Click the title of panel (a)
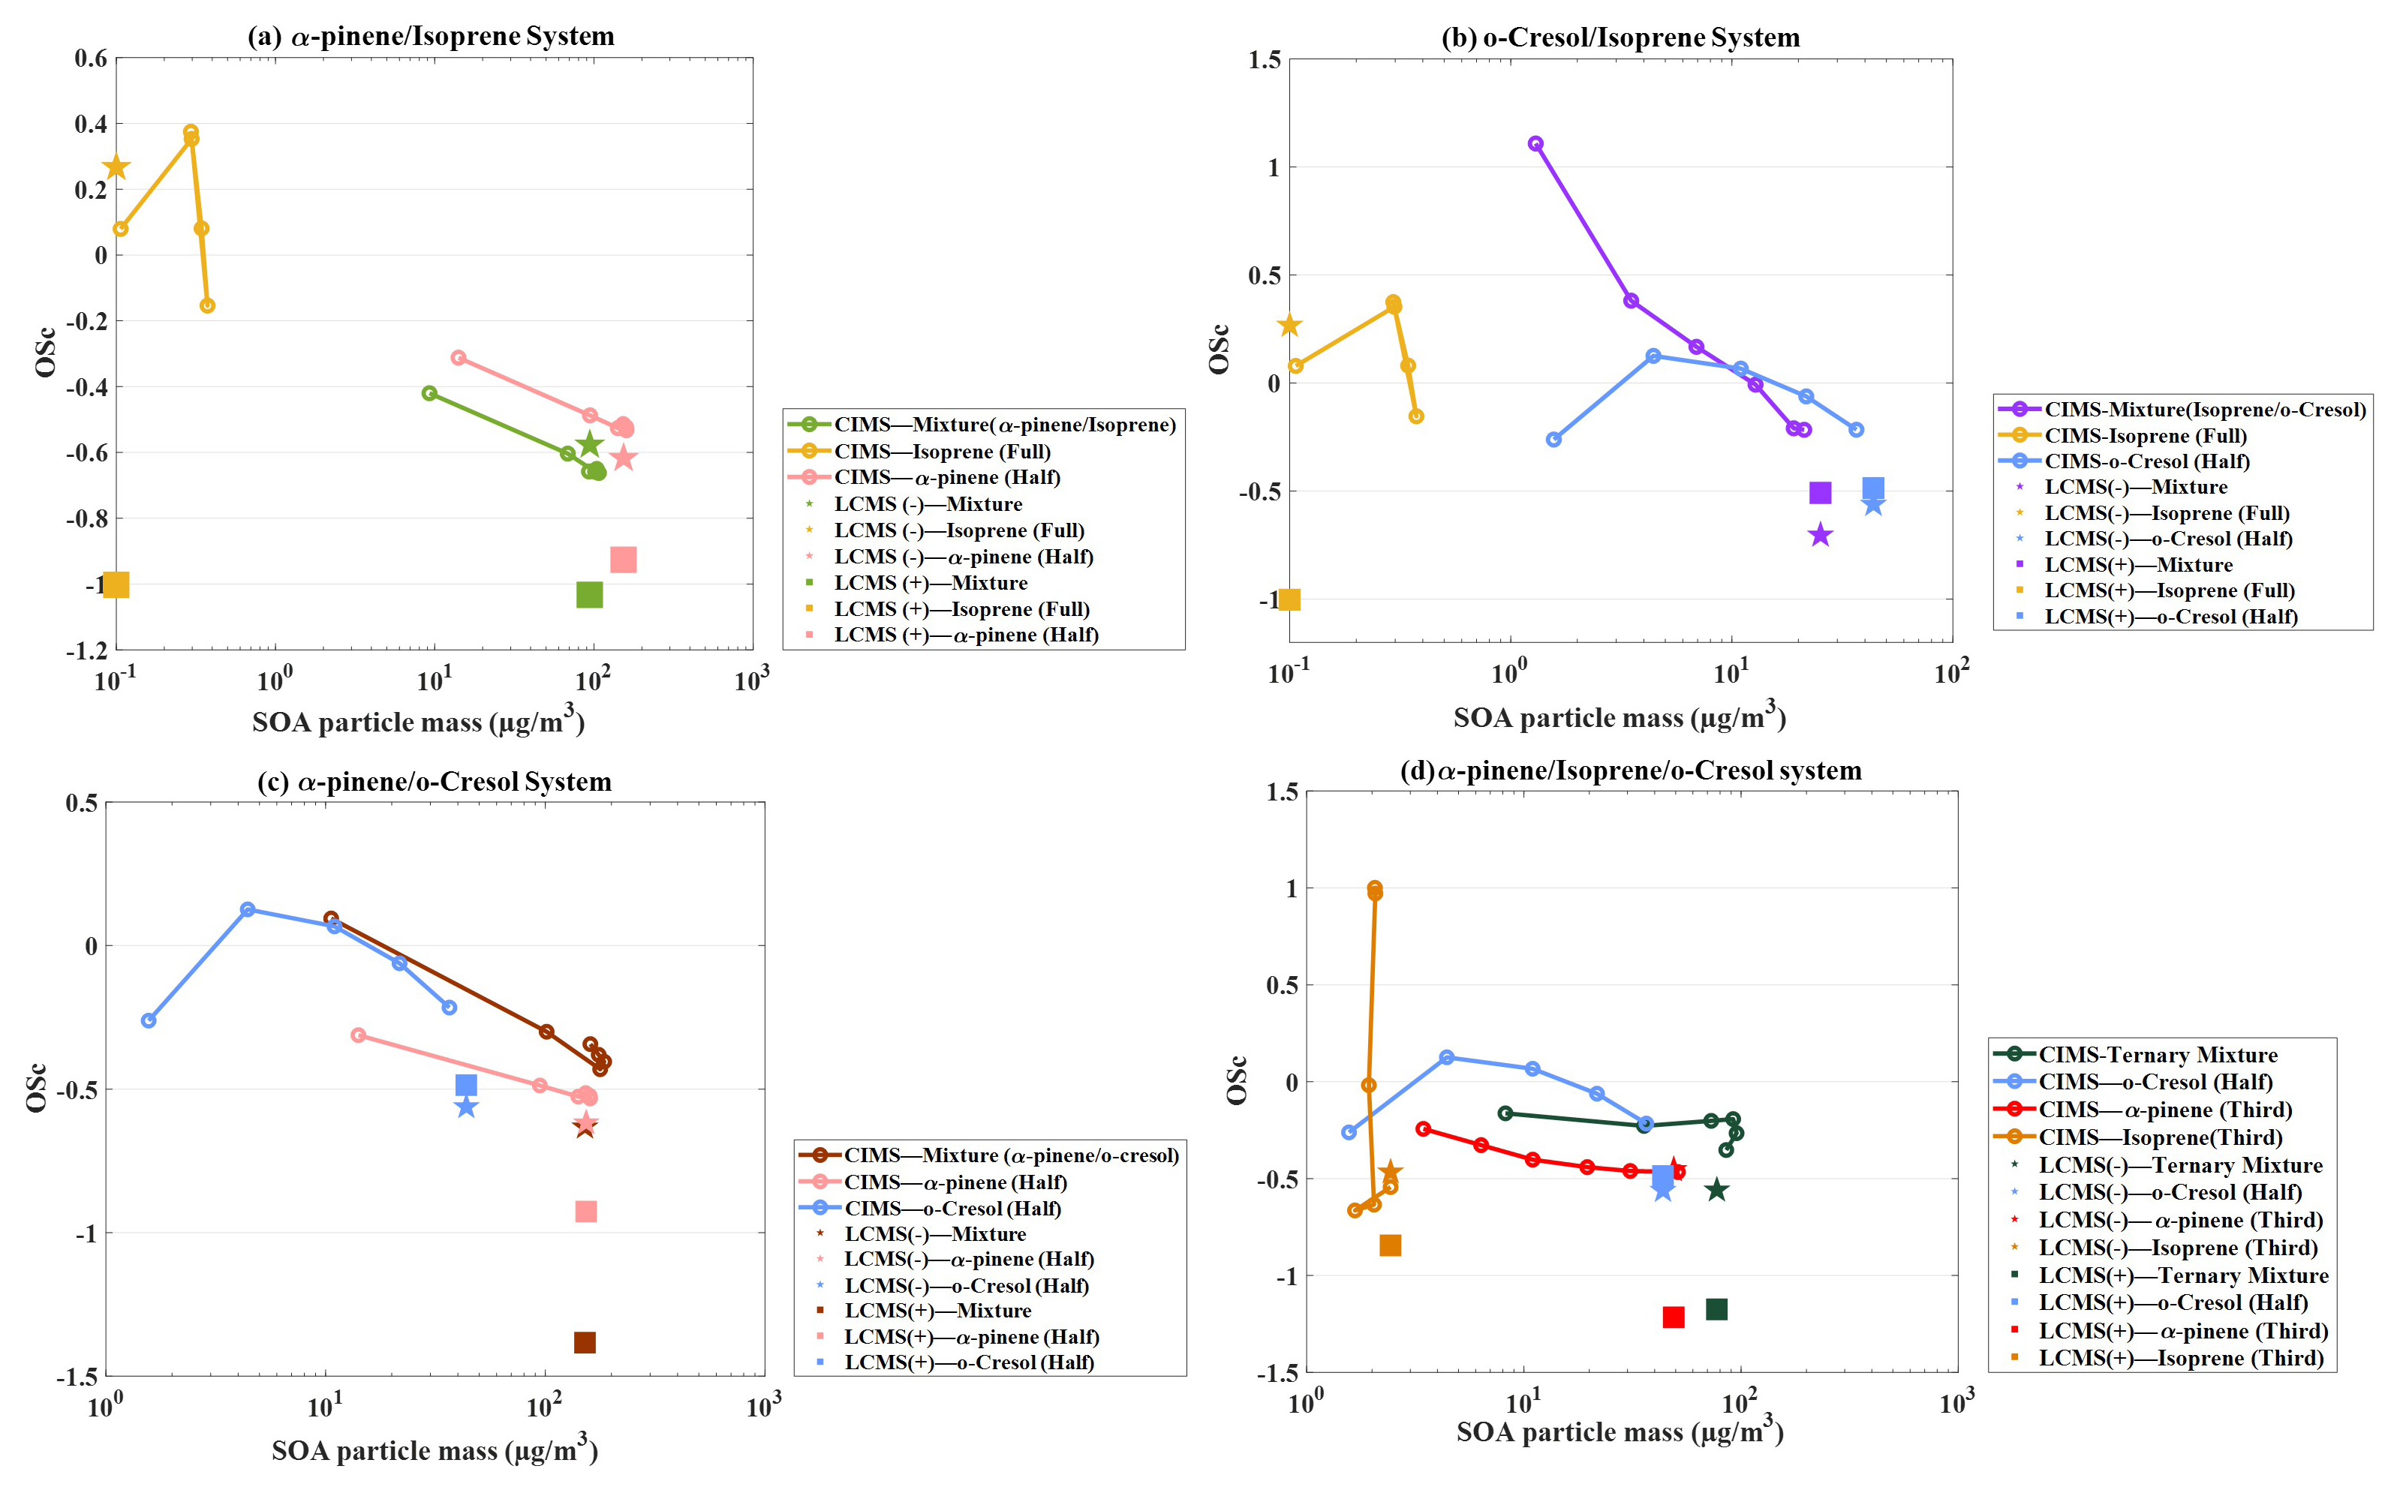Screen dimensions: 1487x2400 point(431,37)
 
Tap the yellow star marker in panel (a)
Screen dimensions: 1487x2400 point(116,167)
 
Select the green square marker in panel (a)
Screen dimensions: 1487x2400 point(589,595)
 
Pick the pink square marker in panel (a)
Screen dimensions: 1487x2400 point(624,560)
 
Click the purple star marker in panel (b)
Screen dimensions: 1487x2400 point(1821,535)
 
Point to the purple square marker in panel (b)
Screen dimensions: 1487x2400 point(1821,493)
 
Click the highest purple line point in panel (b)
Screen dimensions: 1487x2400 point(1535,143)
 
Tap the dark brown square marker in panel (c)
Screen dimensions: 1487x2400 point(585,1342)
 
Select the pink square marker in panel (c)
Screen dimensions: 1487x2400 point(585,1212)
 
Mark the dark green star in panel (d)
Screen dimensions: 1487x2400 point(1716,1190)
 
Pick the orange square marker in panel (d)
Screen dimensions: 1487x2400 point(1390,1246)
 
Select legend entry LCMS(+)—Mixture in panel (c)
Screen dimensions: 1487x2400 point(937,1311)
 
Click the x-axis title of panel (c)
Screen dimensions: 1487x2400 point(434,1449)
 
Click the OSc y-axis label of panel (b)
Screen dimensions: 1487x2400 point(1219,349)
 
